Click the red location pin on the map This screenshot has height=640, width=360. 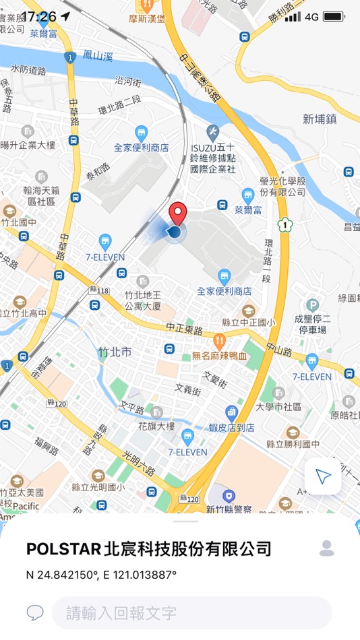[177, 212]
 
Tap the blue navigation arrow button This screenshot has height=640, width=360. [324, 477]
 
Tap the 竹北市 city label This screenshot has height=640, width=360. [115, 353]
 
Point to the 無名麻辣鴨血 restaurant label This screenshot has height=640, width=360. [220, 355]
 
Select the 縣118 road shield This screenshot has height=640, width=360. [98, 290]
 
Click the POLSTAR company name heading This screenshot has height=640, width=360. [149, 548]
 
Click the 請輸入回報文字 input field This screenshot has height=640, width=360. [192, 612]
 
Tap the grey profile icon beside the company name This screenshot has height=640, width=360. [327, 548]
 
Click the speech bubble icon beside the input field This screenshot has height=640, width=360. [35, 612]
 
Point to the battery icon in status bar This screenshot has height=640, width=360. [333, 16]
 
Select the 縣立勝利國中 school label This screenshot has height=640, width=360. [293, 445]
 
